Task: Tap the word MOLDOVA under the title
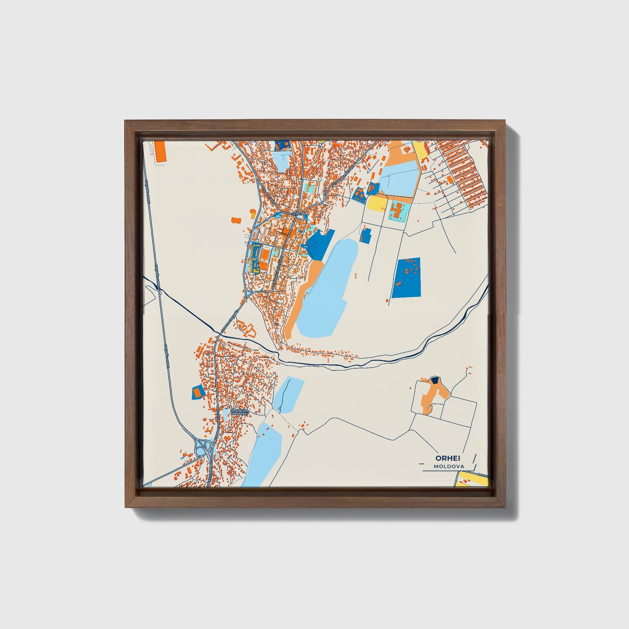pyautogui.click(x=448, y=466)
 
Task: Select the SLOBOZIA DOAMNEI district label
pyautogui.click(x=239, y=412)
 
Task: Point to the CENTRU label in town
pyautogui.click(x=298, y=214)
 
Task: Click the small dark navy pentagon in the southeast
pyautogui.click(x=434, y=380)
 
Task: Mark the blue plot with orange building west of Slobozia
pyautogui.click(x=198, y=392)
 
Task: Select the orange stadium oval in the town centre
pyautogui.click(x=265, y=253)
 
